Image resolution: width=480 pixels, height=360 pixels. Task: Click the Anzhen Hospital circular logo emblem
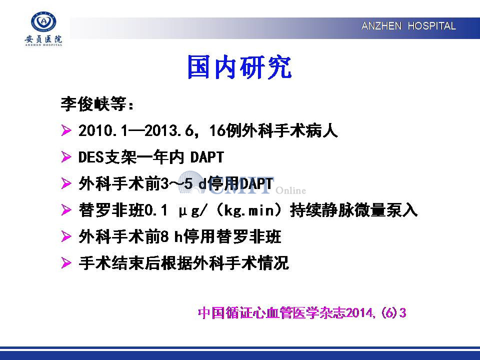coord(44,21)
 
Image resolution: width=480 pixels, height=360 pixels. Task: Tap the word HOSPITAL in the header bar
coord(431,26)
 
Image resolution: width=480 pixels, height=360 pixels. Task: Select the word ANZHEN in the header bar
coord(381,26)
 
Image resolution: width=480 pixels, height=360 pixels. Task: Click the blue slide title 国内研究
coord(239,67)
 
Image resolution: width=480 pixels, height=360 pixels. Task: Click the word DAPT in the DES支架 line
coord(207,157)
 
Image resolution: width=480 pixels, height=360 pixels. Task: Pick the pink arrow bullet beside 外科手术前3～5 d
coord(66,183)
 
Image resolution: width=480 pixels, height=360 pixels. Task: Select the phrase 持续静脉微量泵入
coord(353,210)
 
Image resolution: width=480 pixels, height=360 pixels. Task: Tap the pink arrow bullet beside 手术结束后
coord(66,262)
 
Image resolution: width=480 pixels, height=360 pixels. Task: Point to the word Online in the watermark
coord(291,190)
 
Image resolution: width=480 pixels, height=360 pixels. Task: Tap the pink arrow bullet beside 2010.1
coord(66,130)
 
